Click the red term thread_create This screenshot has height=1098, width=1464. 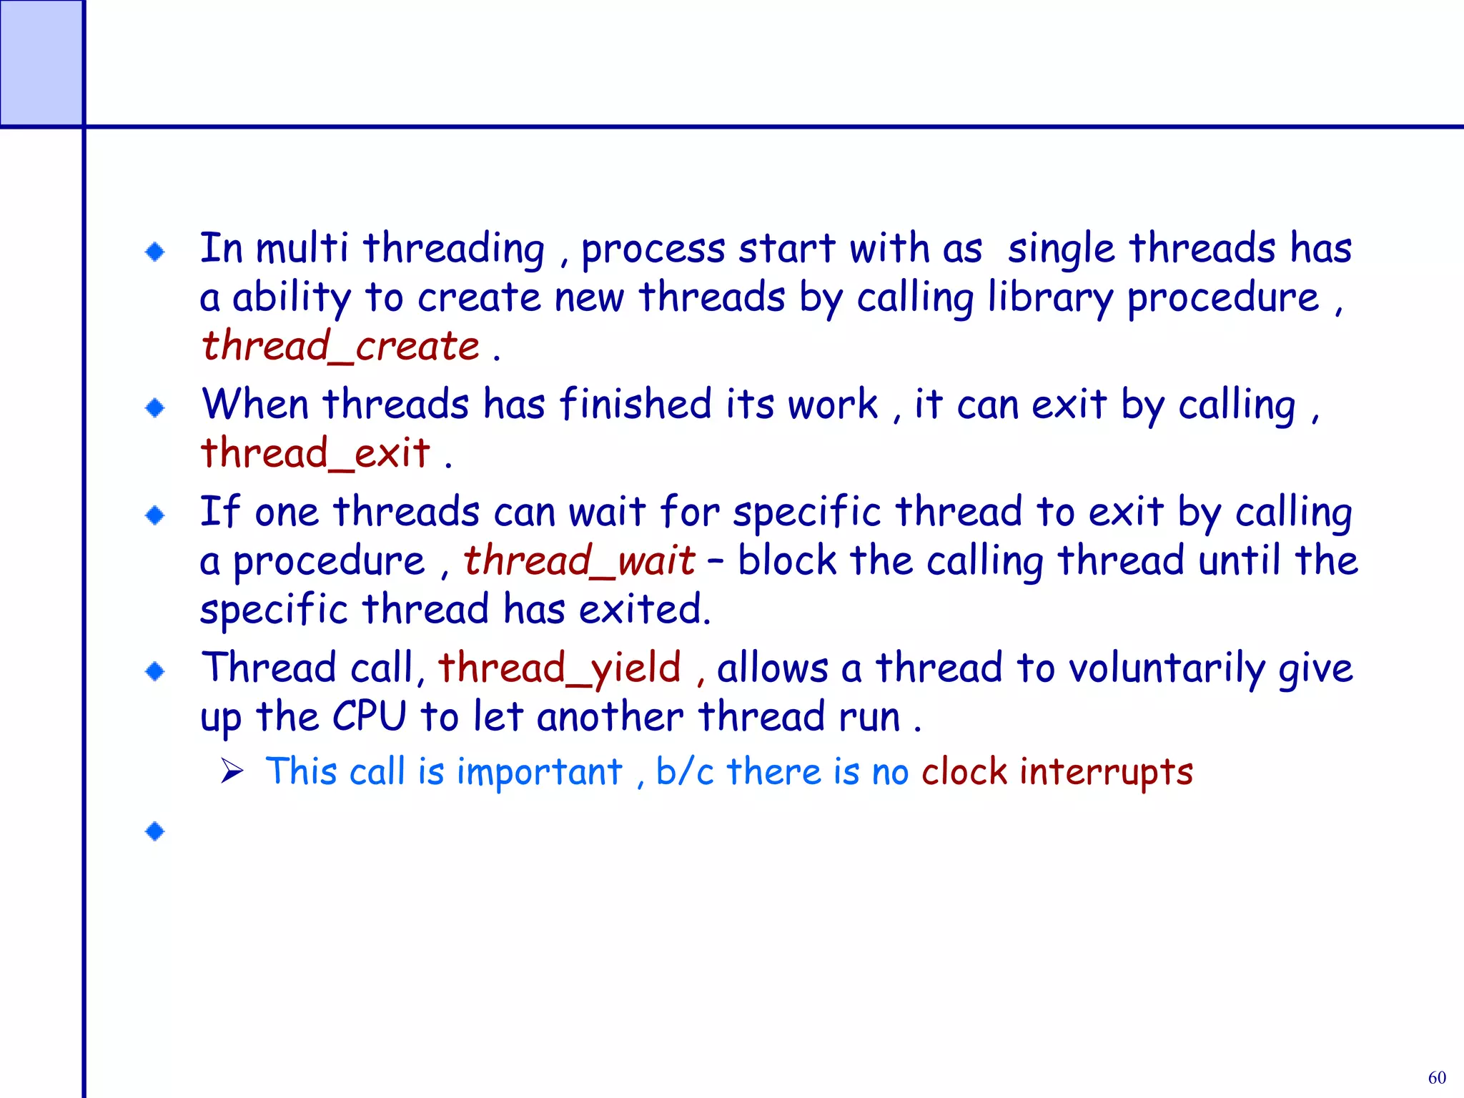click(x=340, y=347)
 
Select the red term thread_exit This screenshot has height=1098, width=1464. click(x=315, y=454)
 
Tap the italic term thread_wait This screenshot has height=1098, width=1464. click(x=579, y=560)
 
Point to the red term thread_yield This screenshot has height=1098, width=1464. click(x=559, y=668)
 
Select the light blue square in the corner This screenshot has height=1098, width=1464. click(x=41, y=63)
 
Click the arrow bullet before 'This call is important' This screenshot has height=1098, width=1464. click(x=232, y=771)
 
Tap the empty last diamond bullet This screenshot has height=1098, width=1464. click(x=155, y=831)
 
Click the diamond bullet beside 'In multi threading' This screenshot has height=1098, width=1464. click(x=155, y=252)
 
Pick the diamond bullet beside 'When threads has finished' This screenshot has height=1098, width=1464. click(x=155, y=408)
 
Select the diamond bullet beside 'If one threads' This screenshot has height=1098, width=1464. click(x=155, y=515)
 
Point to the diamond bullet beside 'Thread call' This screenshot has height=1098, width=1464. click(x=155, y=671)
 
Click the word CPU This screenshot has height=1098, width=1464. click(x=369, y=717)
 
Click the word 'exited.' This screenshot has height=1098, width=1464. click(x=645, y=610)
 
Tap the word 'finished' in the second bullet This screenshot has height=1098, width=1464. click(x=635, y=405)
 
